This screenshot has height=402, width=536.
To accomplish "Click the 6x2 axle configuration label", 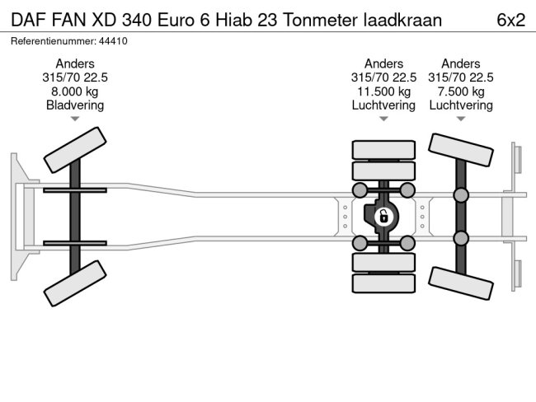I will pyautogui.click(x=510, y=19).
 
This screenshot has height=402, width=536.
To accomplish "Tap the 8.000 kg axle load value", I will pyautogui.click(x=75, y=91).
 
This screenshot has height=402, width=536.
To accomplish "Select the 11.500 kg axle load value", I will pyautogui.click(x=383, y=91).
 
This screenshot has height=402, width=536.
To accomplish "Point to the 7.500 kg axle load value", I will pyautogui.click(x=461, y=91).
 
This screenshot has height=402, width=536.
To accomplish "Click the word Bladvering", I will pyautogui.click(x=75, y=105).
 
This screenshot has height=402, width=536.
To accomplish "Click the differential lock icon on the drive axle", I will pyautogui.click(x=383, y=217).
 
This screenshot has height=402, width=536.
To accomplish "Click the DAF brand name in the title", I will pyautogui.click(x=27, y=19).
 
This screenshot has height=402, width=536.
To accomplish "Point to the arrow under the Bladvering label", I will pyautogui.click(x=75, y=119).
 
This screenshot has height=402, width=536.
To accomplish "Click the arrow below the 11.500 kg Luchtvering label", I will pyautogui.click(x=383, y=119).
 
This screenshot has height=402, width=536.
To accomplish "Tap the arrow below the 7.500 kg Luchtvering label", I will pyautogui.click(x=461, y=119).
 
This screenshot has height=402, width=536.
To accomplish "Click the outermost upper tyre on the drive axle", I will pyautogui.click(x=383, y=150).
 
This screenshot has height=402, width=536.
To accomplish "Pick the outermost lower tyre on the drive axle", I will pyautogui.click(x=383, y=284).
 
